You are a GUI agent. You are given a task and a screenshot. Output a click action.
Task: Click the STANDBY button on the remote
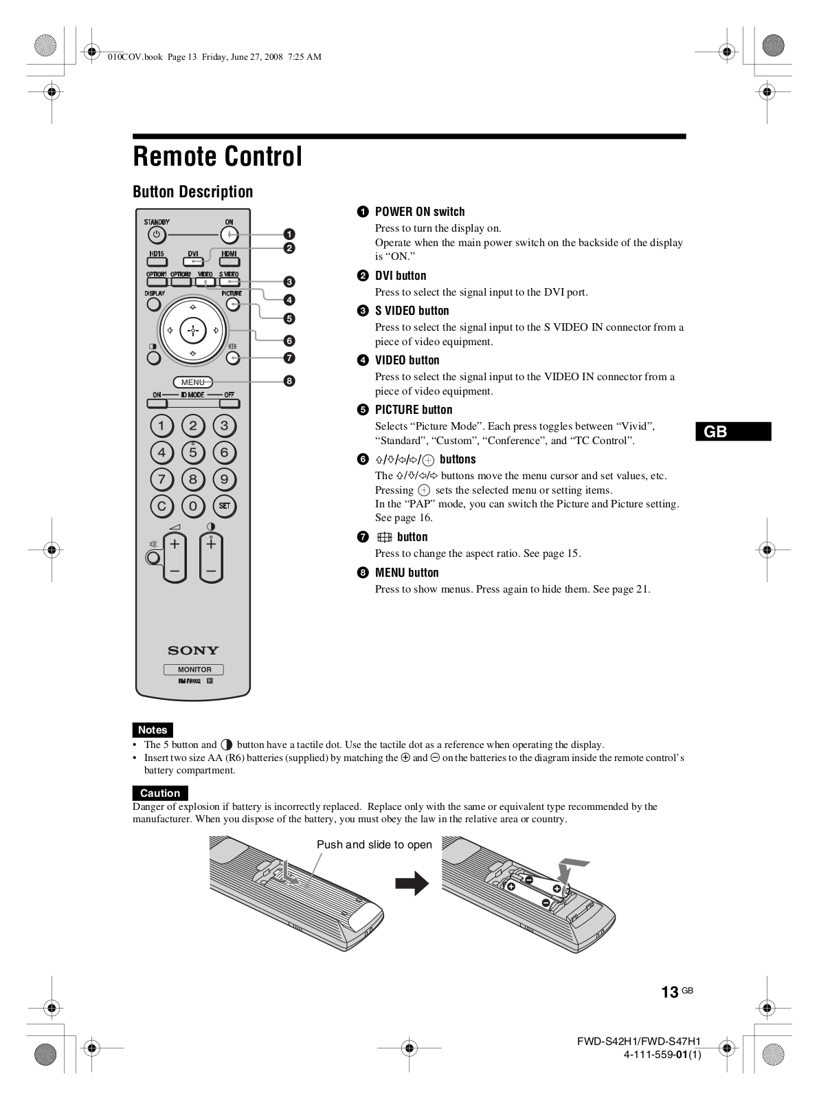pos(157,235)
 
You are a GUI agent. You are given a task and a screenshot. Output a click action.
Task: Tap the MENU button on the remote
pos(193,382)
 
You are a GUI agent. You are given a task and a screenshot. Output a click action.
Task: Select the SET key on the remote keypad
pos(224,506)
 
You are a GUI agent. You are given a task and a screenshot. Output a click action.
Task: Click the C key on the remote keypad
pos(161,507)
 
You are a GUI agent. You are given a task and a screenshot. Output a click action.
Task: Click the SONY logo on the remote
pos(193,650)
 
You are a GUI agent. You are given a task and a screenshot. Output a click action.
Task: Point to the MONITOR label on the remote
pos(194,670)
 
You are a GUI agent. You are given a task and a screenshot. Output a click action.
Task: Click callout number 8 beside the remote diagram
pos(289,381)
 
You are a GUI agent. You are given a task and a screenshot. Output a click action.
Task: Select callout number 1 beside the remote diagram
pos(289,234)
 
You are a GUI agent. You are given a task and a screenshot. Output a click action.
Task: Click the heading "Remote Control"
pos(217,157)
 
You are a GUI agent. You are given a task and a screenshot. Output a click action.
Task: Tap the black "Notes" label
pos(153,730)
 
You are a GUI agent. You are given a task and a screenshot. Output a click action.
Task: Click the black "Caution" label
pos(160,793)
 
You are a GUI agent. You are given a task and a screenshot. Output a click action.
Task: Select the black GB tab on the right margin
pos(733,432)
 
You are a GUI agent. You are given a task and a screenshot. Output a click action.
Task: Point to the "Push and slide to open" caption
pos(374,845)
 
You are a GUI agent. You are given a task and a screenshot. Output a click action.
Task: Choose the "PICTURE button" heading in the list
pos(413,410)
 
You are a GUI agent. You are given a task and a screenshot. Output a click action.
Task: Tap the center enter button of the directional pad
pos(193,331)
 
